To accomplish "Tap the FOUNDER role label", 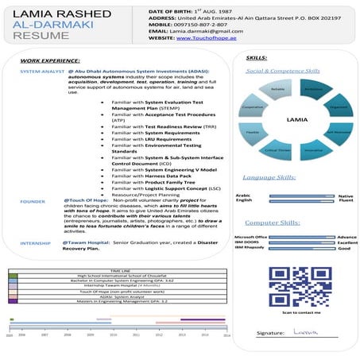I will tap(33, 202).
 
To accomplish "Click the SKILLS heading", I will tap(256, 59).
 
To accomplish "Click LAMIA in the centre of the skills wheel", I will tap(296, 120).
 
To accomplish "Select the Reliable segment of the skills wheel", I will tap(278, 90).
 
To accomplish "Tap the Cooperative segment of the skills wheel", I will tap(253, 106).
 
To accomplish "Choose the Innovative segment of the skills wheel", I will tap(314, 149).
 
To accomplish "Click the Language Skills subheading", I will tap(269, 177).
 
